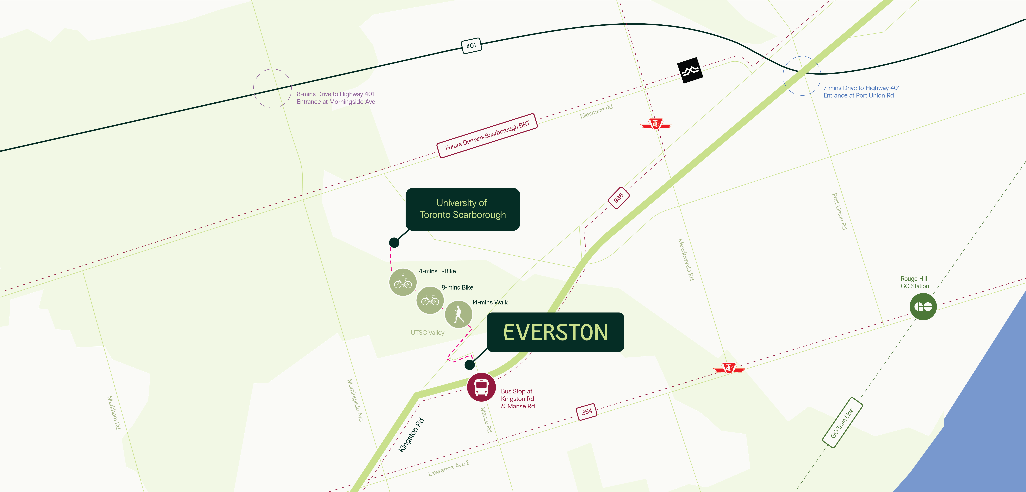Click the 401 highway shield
tap(471, 46)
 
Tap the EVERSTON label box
tap(555, 332)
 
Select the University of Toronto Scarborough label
tap(462, 209)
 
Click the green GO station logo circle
tap(923, 307)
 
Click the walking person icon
tap(458, 314)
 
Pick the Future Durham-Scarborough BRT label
tap(487, 136)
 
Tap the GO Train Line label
tap(842, 423)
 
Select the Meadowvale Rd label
tap(686, 260)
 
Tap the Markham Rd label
tap(114, 412)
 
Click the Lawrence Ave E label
tap(449, 468)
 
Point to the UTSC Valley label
tap(427, 332)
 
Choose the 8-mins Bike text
tap(457, 287)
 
